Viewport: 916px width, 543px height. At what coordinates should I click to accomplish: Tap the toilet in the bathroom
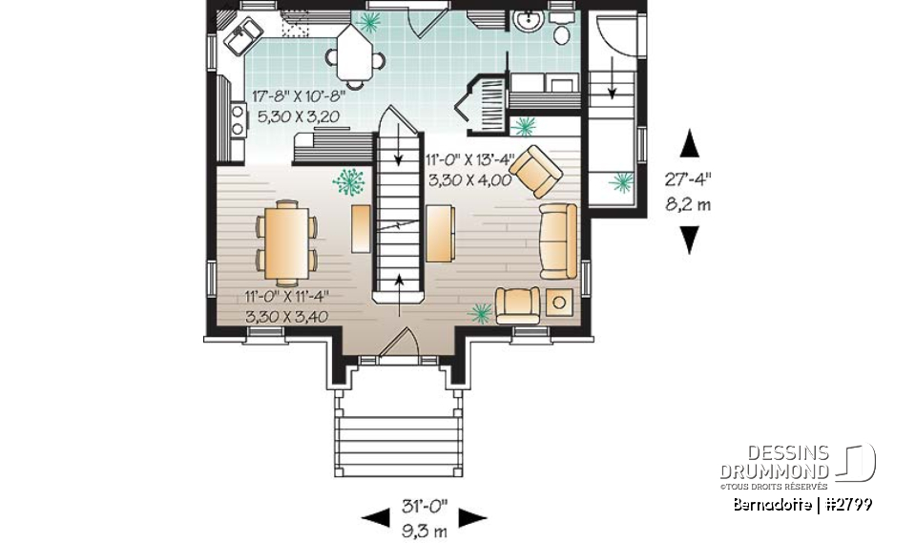(x=563, y=31)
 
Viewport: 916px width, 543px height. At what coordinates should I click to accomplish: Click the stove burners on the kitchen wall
(x=236, y=118)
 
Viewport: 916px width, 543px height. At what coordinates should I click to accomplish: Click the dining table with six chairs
(x=286, y=242)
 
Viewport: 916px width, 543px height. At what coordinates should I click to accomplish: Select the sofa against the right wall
(x=558, y=239)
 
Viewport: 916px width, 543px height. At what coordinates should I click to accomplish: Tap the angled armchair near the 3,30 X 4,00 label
(x=536, y=169)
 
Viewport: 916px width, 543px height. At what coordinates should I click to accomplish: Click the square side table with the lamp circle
(x=560, y=304)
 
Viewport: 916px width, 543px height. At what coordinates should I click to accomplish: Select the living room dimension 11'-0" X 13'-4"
(x=469, y=159)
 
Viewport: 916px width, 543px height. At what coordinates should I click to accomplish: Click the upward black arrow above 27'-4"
(x=689, y=144)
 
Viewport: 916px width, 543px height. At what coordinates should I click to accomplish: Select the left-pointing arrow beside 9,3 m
(x=375, y=518)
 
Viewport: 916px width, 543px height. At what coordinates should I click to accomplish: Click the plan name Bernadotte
(x=773, y=504)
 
